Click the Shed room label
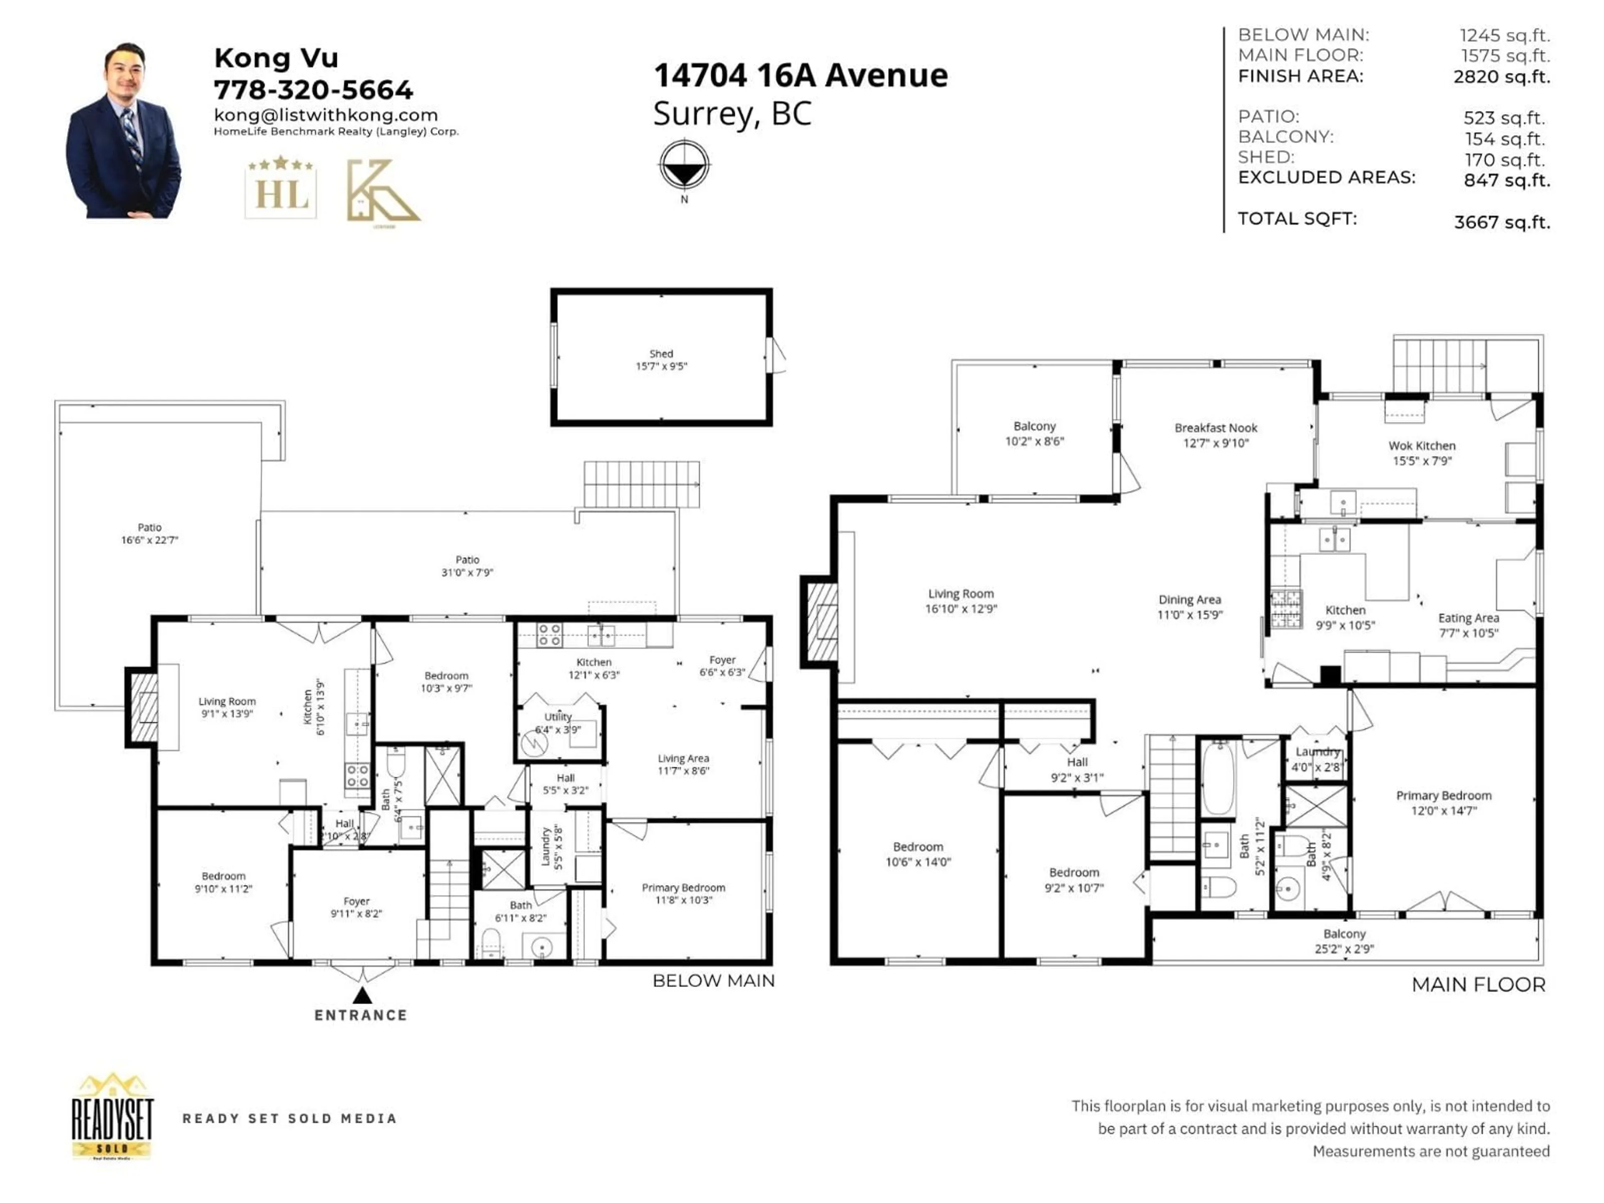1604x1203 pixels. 660,360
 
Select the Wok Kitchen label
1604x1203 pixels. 1421,452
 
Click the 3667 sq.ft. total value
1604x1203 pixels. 1502,222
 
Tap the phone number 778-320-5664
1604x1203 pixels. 313,90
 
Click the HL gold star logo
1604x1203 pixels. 281,187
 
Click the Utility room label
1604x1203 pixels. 558,722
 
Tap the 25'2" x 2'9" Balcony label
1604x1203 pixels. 1344,941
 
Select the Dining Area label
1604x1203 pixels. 1189,606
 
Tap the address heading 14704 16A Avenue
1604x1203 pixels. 801,76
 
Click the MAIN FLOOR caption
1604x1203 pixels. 1478,985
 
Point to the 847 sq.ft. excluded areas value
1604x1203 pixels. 1506,180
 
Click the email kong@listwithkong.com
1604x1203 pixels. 325,114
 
